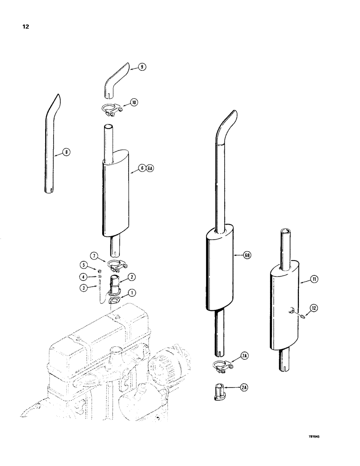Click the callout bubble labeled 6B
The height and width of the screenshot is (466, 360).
pyautogui.click(x=247, y=255)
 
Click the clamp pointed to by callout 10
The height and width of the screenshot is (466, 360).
pyautogui.click(x=111, y=110)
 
